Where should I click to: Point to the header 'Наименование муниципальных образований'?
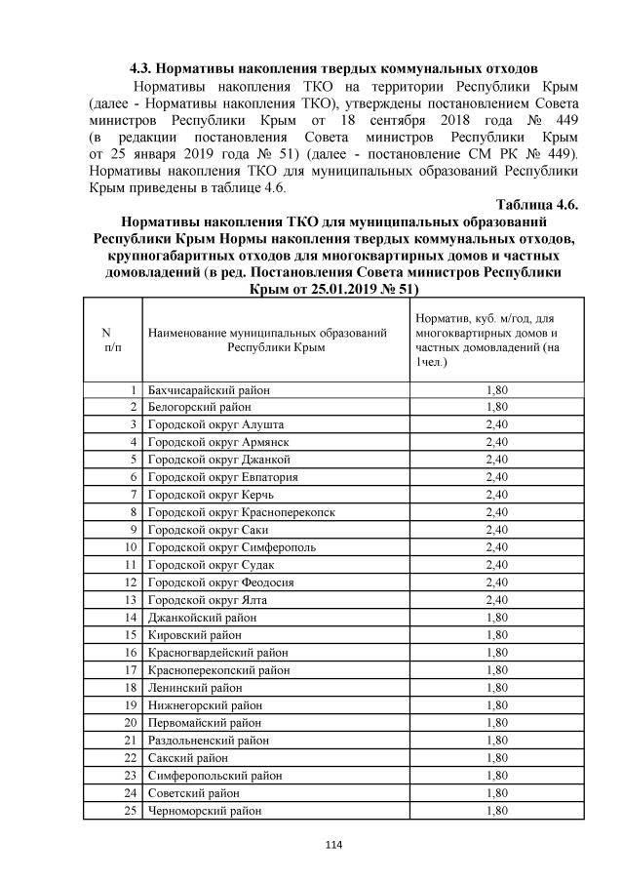click(x=274, y=341)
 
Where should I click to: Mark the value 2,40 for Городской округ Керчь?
click(x=496, y=495)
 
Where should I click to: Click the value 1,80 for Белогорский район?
click(x=496, y=407)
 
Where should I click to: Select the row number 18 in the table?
click(x=129, y=688)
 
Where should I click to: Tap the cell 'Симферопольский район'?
click(x=214, y=776)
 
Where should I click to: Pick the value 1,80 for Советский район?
click(x=496, y=793)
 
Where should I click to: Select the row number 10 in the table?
click(x=129, y=547)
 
